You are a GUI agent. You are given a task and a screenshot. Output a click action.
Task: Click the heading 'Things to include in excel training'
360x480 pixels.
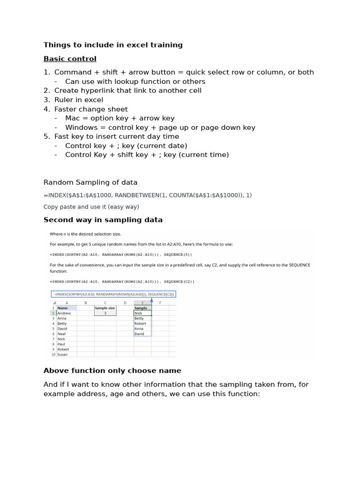tap(113, 45)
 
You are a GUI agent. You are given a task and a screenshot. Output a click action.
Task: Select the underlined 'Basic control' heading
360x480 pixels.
tap(70, 59)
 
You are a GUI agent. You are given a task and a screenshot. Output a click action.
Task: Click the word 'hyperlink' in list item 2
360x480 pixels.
tap(97, 90)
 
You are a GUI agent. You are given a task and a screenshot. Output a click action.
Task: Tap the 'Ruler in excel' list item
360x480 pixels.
tap(79, 100)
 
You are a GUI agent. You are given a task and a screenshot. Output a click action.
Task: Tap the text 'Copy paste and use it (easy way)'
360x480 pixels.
tap(91, 207)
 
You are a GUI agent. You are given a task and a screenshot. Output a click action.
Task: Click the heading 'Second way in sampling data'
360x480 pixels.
tap(103, 220)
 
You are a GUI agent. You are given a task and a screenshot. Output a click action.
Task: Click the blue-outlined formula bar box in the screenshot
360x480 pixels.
tap(113, 294)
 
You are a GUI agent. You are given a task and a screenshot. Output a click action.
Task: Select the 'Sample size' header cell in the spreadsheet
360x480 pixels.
tap(105, 308)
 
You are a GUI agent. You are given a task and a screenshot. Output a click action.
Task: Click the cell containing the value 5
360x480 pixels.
tap(105, 313)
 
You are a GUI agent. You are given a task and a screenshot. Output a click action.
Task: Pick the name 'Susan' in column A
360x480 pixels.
tap(62, 354)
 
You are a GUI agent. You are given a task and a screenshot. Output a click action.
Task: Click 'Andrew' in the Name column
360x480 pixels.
tap(64, 313)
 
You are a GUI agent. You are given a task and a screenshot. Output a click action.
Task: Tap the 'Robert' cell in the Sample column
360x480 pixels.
tap(140, 323)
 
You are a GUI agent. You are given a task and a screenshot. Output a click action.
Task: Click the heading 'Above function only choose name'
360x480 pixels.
tap(112, 371)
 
